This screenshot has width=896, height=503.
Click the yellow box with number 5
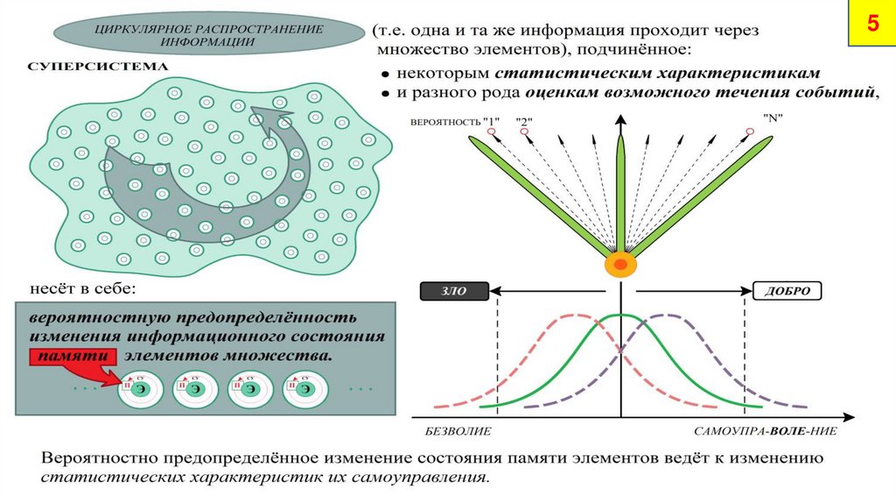(x=871, y=25)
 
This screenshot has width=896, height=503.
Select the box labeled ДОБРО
(x=787, y=291)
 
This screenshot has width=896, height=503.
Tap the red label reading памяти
(x=73, y=357)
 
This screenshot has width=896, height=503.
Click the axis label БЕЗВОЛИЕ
(x=458, y=432)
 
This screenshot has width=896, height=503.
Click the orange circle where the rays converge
(x=620, y=264)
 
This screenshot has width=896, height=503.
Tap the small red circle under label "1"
(x=492, y=132)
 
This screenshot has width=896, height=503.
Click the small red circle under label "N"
(x=750, y=132)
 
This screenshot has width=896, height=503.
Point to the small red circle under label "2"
(x=524, y=132)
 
